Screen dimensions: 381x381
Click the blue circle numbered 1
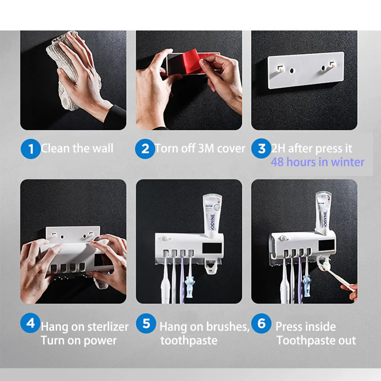30,149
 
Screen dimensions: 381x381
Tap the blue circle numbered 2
145,149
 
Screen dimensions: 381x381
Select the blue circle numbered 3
261,148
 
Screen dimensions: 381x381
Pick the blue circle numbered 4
30,323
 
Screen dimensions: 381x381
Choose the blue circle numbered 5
146,323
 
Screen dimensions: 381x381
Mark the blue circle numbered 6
261,323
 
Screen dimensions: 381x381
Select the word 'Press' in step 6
289,327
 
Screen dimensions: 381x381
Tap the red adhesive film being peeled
194,62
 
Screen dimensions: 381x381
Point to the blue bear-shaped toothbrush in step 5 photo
190,287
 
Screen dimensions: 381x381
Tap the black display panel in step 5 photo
212,248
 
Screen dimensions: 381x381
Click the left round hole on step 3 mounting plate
291,71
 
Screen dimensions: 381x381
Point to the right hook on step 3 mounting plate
332,65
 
